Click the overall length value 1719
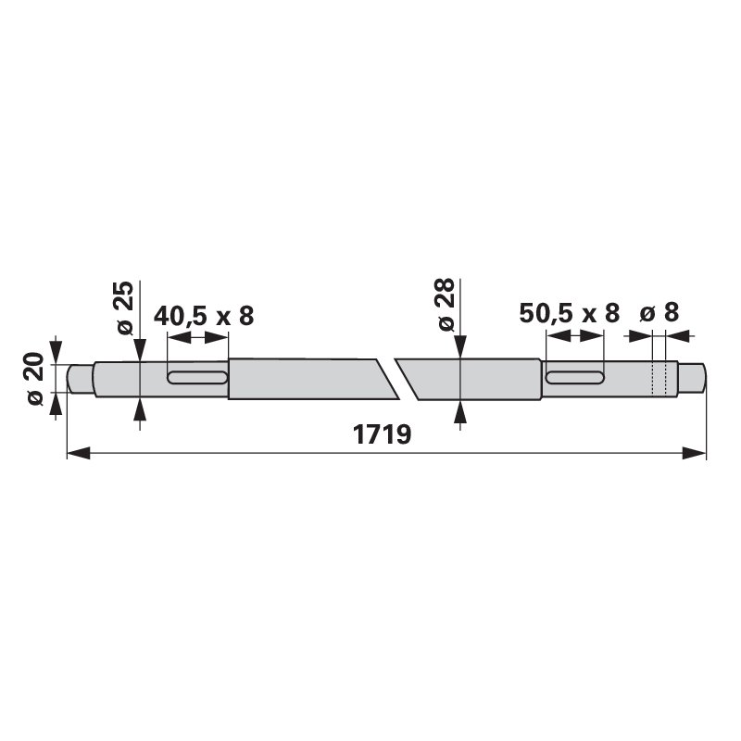(x=383, y=434)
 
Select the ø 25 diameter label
(x=125, y=308)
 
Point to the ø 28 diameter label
(x=446, y=306)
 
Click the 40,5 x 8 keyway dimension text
(x=204, y=316)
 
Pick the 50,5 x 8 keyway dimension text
(x=569, y=313)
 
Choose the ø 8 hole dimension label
(x=659, y=312)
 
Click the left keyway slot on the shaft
(x=197, y=377)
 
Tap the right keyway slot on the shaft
(x=575, y=377)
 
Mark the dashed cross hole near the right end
(x=659, y=378)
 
